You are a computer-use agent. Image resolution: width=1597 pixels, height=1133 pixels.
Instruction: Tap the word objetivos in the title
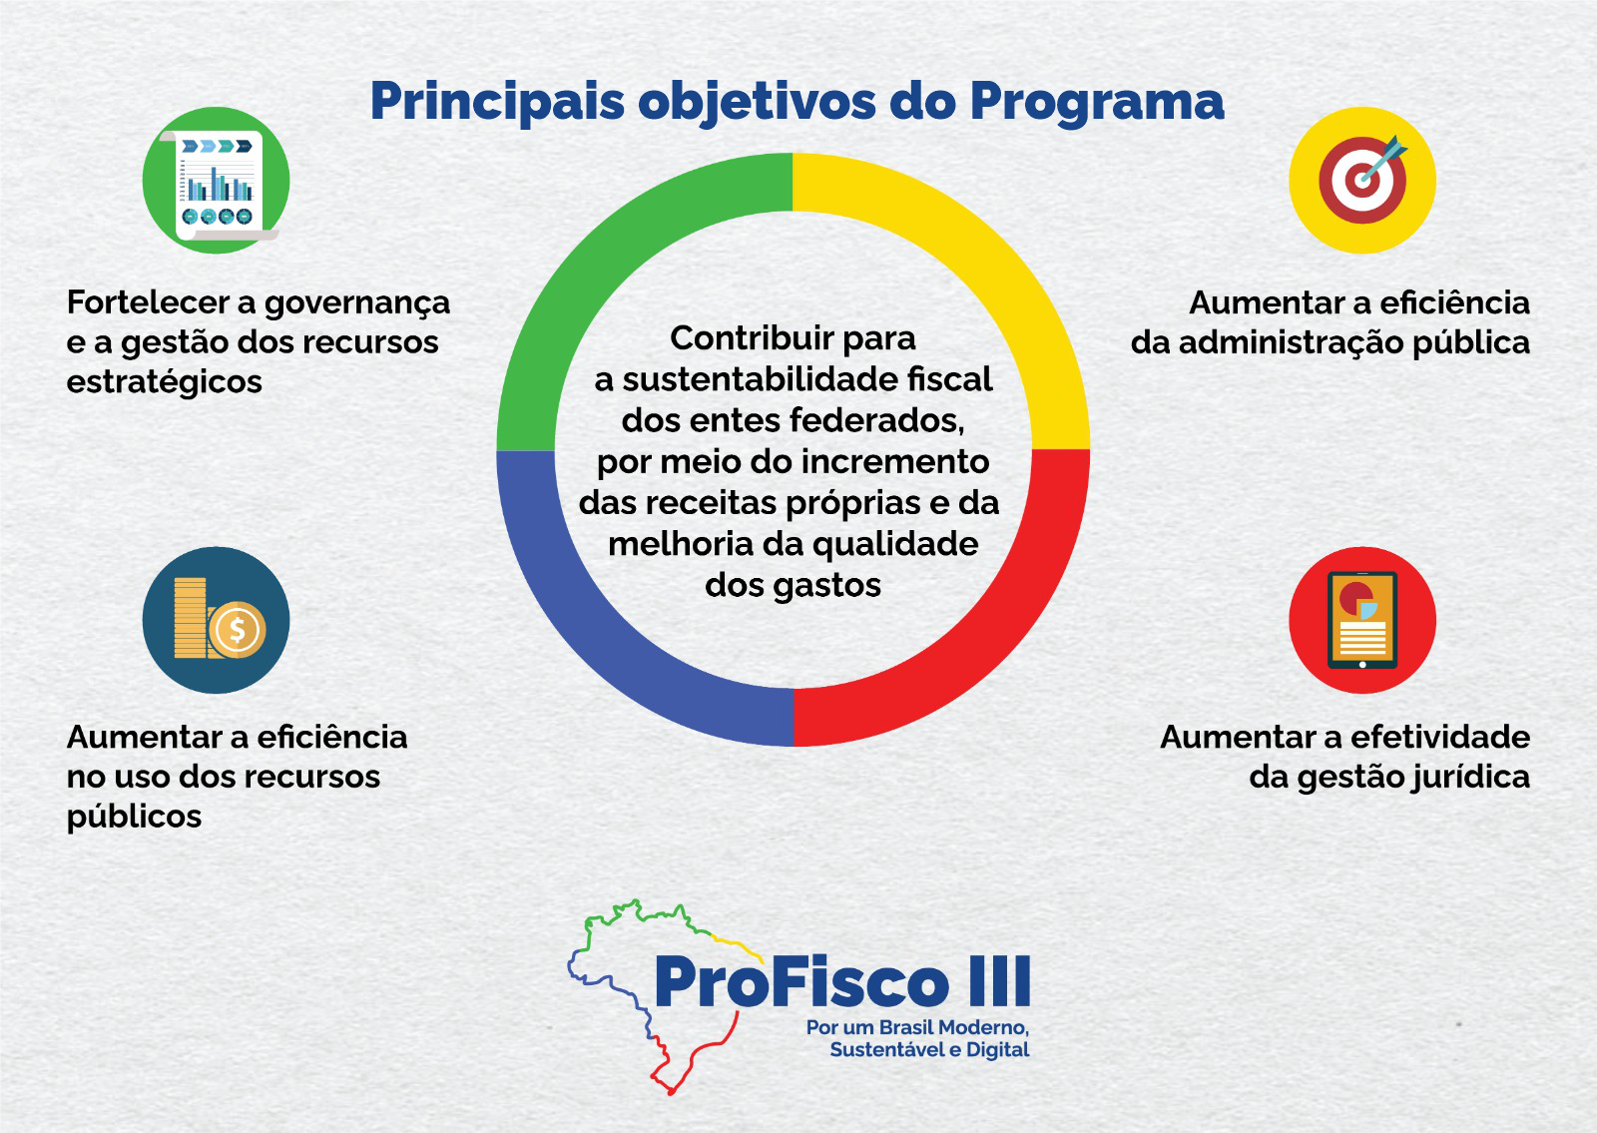click(759, 103)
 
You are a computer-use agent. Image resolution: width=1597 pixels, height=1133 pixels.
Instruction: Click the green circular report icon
click(216, 181)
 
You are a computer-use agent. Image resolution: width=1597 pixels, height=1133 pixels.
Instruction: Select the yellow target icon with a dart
click(1361, 181)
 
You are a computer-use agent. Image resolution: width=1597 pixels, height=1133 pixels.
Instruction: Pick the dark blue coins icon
click(216, 620)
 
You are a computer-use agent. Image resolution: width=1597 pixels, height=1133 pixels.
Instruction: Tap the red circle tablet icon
click(1361, 620)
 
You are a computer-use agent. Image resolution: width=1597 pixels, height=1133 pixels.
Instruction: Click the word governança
click(356, 303)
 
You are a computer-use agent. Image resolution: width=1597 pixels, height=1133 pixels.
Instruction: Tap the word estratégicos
click(164, 382)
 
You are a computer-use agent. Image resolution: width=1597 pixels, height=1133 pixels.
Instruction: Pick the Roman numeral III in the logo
click(999, 982)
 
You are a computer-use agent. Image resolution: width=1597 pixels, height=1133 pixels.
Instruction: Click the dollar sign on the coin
click(238, 630)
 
